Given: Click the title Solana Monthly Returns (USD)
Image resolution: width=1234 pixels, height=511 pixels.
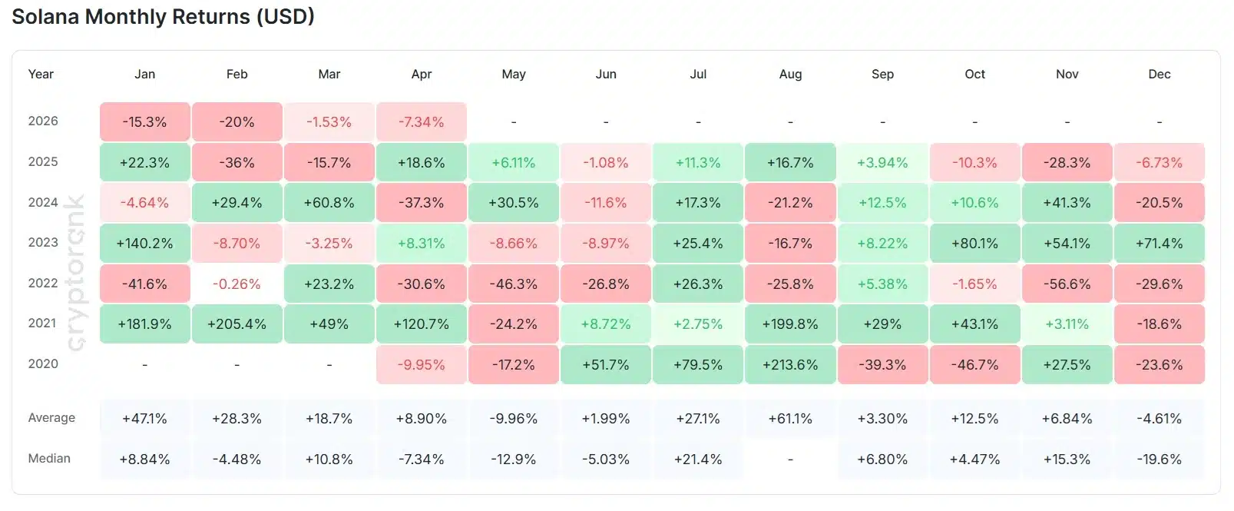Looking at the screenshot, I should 163,17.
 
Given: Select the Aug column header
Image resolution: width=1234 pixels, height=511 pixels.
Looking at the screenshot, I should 790,75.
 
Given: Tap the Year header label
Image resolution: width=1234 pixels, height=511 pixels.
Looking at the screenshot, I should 41,75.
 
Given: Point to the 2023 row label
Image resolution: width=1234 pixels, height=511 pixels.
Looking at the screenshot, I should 43,243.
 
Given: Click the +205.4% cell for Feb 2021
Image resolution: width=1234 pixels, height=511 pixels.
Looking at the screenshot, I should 237,324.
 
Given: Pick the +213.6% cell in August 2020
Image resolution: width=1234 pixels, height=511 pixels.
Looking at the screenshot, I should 790,365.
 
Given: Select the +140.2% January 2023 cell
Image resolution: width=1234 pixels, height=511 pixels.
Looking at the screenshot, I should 144,244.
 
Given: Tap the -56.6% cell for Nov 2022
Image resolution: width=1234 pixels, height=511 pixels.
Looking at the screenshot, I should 1067,284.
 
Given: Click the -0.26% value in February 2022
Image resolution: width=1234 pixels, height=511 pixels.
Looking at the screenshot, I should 237,284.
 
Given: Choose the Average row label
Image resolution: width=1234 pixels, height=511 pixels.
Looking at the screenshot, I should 51,418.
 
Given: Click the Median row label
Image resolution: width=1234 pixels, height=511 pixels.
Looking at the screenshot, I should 49,459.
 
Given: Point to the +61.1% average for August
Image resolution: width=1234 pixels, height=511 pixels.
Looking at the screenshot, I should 790,419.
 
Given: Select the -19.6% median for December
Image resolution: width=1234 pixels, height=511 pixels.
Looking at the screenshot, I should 1159,460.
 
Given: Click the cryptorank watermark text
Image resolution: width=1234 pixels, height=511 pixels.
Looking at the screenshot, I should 76,273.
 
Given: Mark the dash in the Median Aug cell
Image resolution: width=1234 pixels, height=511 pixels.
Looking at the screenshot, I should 790,460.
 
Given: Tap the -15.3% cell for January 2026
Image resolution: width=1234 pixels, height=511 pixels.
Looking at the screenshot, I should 144,122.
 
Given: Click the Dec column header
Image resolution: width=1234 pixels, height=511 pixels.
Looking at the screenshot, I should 1159,75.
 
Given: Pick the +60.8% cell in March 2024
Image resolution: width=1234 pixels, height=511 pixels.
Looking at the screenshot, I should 329,203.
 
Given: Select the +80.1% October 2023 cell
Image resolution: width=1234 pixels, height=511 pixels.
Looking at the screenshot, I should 974,244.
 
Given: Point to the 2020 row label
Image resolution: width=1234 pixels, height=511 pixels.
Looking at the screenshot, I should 43,364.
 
